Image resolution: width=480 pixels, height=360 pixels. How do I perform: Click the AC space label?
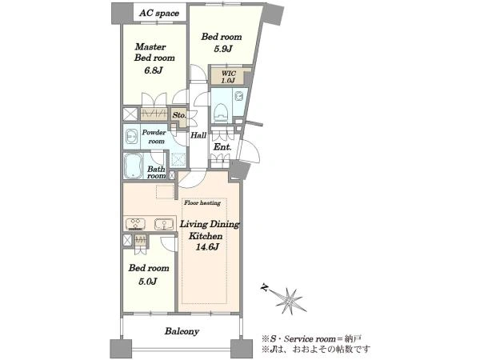(159, 13)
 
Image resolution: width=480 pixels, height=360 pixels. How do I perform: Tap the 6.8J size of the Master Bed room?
(154, 70)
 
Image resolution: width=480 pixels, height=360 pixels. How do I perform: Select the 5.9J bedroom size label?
(222, 49)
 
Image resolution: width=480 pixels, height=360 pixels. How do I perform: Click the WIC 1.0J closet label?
(228, 77)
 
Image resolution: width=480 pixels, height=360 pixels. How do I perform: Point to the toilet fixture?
(221, 112)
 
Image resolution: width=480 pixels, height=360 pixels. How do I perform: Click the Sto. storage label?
(179, 115)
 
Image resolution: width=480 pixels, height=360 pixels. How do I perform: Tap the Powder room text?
(154, 137)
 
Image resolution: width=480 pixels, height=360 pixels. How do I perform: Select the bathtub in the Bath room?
(133, 166)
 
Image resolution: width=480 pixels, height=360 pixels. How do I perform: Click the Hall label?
(198, 135)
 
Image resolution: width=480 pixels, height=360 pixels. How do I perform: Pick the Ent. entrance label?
(222, 147)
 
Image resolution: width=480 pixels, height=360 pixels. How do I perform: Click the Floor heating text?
(202, 202)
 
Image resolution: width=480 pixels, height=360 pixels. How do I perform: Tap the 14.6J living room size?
(207, 246)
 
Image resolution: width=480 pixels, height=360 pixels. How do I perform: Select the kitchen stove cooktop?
(135, 224)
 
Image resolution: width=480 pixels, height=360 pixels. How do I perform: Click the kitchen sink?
(164, 224)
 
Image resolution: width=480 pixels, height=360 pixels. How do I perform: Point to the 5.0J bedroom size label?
(148, 281)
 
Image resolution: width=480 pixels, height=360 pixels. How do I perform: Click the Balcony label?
(182, 331)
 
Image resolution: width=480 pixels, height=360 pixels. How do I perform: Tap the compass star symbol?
(290, 300)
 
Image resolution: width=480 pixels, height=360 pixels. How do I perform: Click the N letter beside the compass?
(265, 287)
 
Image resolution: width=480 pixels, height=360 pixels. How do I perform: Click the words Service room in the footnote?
(310, 339)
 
